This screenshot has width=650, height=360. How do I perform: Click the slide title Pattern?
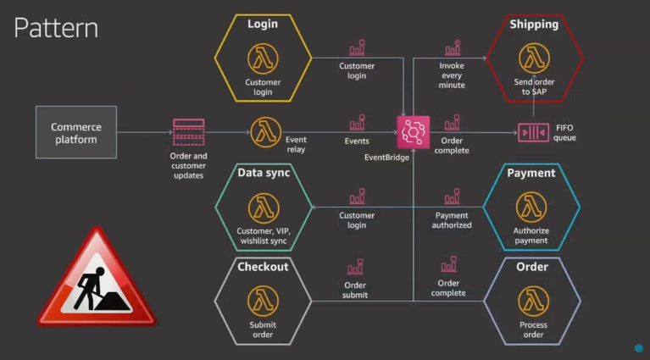click(56, 28)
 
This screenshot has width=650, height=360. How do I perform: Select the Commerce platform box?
click(76, 132)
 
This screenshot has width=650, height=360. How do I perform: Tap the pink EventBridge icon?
click(414, 132)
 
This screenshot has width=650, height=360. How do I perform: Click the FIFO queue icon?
click(533, 132)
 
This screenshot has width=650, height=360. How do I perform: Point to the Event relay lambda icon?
click(265, 132)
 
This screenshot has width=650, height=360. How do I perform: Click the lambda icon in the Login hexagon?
click(263, 58)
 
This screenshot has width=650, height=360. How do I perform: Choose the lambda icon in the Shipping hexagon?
click(533, 58)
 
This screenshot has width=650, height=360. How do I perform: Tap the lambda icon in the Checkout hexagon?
click(263, 301)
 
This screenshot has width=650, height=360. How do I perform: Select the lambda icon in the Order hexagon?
click(533, 301)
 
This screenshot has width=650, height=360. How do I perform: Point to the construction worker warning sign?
click(97, 280)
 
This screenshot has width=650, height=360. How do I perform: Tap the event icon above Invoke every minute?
click(453, 47)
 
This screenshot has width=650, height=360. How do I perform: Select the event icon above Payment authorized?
click(453, 197)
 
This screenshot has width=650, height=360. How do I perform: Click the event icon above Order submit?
click(355, 267)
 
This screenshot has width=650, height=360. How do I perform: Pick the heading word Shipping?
click(534, 25)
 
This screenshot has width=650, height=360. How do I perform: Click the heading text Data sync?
click(264, 173)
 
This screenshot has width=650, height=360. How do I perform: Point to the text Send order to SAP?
click(534, 86)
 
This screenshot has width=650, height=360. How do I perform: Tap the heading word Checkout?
click(263, 267)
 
